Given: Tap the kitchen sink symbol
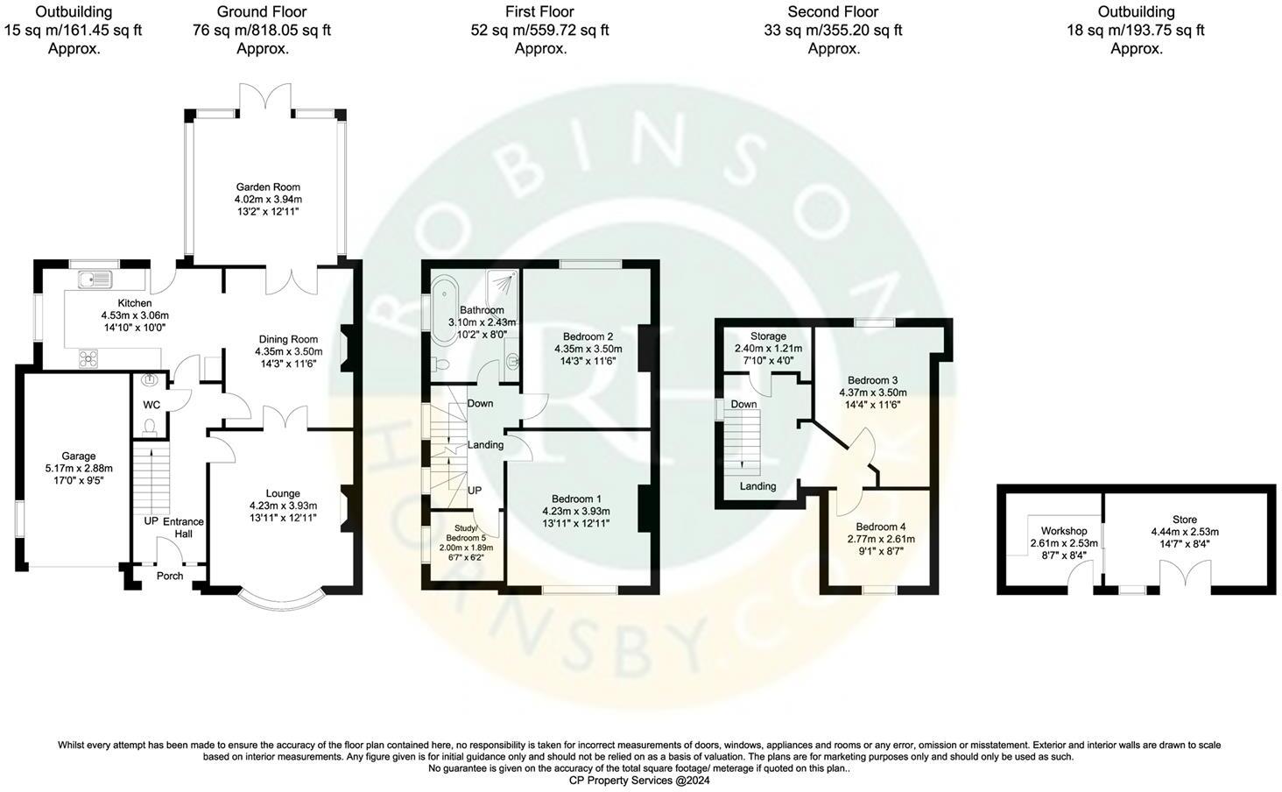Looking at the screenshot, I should point(95,279).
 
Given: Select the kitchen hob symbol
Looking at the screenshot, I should point(88,357).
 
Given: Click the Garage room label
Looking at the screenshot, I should point(78,456).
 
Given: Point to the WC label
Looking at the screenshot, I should point(151,405).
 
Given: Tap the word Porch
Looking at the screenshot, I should point(170,576).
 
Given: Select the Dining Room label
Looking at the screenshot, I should point(288,339).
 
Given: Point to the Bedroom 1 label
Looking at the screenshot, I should point(576,499).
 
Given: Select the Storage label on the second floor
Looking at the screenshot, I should point(768,336).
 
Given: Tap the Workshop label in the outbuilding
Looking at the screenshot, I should point(1064,531).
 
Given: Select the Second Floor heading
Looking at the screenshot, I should point(832,12).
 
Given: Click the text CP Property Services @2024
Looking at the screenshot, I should point(639,780).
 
